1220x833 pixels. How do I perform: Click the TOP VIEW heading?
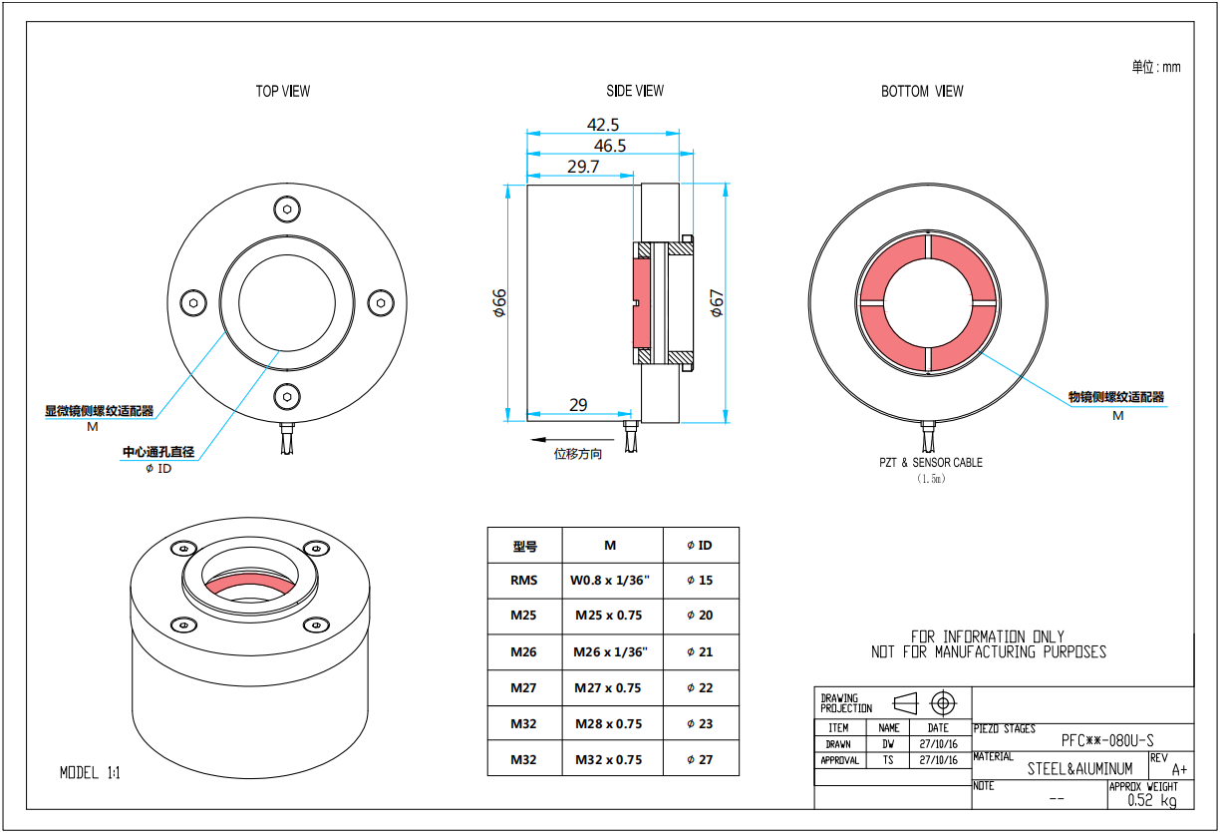point(283,91)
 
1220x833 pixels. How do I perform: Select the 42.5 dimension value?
point(603,125)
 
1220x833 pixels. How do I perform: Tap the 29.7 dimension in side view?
point(583,167)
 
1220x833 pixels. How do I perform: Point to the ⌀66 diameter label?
point(500,303)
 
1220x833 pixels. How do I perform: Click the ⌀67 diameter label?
point(716,303)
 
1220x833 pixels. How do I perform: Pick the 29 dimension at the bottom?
point(578,405)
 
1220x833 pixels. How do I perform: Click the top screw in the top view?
point(287,208)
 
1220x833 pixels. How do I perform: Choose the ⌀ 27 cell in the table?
point(700,759)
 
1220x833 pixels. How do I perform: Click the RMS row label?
point(523,580)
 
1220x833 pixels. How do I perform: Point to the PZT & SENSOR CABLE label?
point(930,462)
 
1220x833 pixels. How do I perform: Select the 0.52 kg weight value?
point(1151,800)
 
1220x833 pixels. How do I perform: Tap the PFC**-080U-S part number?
point(1107,739)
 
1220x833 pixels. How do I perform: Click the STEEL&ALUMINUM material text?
point(1079,769)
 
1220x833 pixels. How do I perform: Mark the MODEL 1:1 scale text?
point(90,772)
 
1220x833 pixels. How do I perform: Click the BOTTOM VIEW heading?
point(922,91)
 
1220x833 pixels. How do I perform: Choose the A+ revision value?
point(1179,769)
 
